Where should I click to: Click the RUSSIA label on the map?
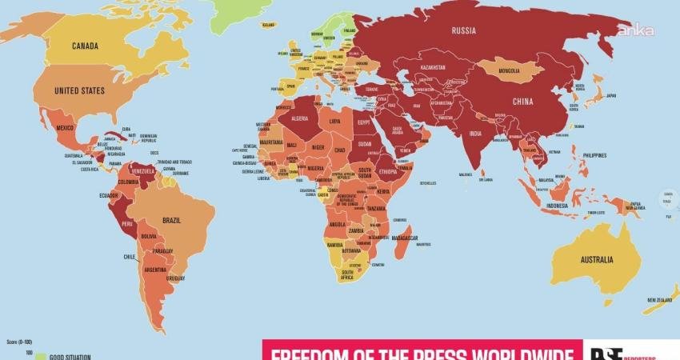464,31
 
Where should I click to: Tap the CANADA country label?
86,46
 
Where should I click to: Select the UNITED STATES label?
79,91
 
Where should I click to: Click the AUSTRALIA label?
598,259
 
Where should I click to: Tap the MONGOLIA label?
508,70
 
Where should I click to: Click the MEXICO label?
64,128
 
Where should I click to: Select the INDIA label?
474,133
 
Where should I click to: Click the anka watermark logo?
634,30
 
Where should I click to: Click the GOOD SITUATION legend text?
70,357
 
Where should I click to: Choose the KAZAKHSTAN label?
432,68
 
